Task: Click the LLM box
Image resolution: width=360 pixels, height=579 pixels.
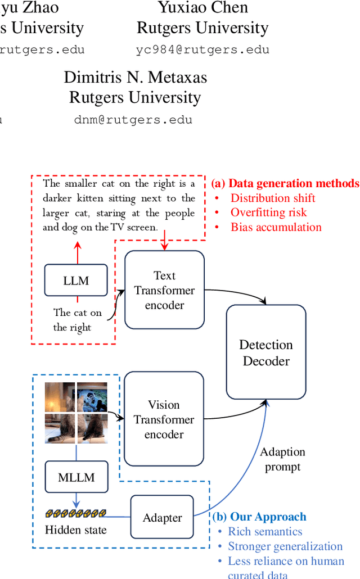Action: pos(76,280)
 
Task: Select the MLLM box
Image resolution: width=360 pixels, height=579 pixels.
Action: pos(76,477)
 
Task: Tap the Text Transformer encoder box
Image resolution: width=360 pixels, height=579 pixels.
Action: pos(164,290)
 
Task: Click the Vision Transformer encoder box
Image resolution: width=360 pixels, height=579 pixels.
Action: pos(164,419)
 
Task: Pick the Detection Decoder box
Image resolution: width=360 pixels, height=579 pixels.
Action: pos(266,352)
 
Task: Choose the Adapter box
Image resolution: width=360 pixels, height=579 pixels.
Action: pos(162,518)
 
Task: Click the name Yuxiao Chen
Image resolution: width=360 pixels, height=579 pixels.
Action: pos(202,8)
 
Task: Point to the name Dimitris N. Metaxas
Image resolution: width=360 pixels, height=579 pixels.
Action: pos(135,78)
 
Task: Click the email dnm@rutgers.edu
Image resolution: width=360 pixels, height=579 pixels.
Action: pos(133,120)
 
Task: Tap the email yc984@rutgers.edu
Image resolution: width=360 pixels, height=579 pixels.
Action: pos(202,49)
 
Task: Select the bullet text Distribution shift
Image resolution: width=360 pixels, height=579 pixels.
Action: pos(273,198)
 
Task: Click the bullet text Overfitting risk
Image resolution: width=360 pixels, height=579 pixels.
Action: pos(268,212)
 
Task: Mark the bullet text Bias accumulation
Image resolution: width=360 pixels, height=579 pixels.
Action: pos(276,227)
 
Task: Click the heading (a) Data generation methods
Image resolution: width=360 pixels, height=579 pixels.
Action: pos(285,183)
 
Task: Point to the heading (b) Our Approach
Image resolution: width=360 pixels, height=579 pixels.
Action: pos(259,517)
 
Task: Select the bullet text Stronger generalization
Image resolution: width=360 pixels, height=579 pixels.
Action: pos(285,546)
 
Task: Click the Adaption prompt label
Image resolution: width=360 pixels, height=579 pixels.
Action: pos(282,459)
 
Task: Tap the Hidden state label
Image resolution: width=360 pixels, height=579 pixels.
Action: pos(76,529)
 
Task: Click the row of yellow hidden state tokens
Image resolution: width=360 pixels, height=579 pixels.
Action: pos(76,513)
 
